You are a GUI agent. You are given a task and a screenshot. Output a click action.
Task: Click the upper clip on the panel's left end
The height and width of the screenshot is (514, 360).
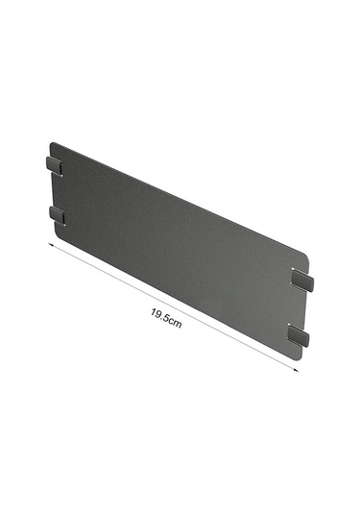tap(54, 165)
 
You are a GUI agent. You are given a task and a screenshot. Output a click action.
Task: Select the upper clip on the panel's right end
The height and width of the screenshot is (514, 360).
tap(302, 280)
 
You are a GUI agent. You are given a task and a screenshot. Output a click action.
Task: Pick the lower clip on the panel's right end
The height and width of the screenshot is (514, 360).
tap(299, 334)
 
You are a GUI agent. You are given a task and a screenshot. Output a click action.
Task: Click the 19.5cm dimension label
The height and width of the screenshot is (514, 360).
tap(166, 318)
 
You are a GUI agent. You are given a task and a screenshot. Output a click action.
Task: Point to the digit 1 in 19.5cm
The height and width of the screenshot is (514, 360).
tap(154, 311)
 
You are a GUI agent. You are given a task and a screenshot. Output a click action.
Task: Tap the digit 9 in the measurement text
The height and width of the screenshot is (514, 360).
tap(158, 314)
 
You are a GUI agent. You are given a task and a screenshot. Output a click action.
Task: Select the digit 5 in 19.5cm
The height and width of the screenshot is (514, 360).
tap(166, 317)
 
